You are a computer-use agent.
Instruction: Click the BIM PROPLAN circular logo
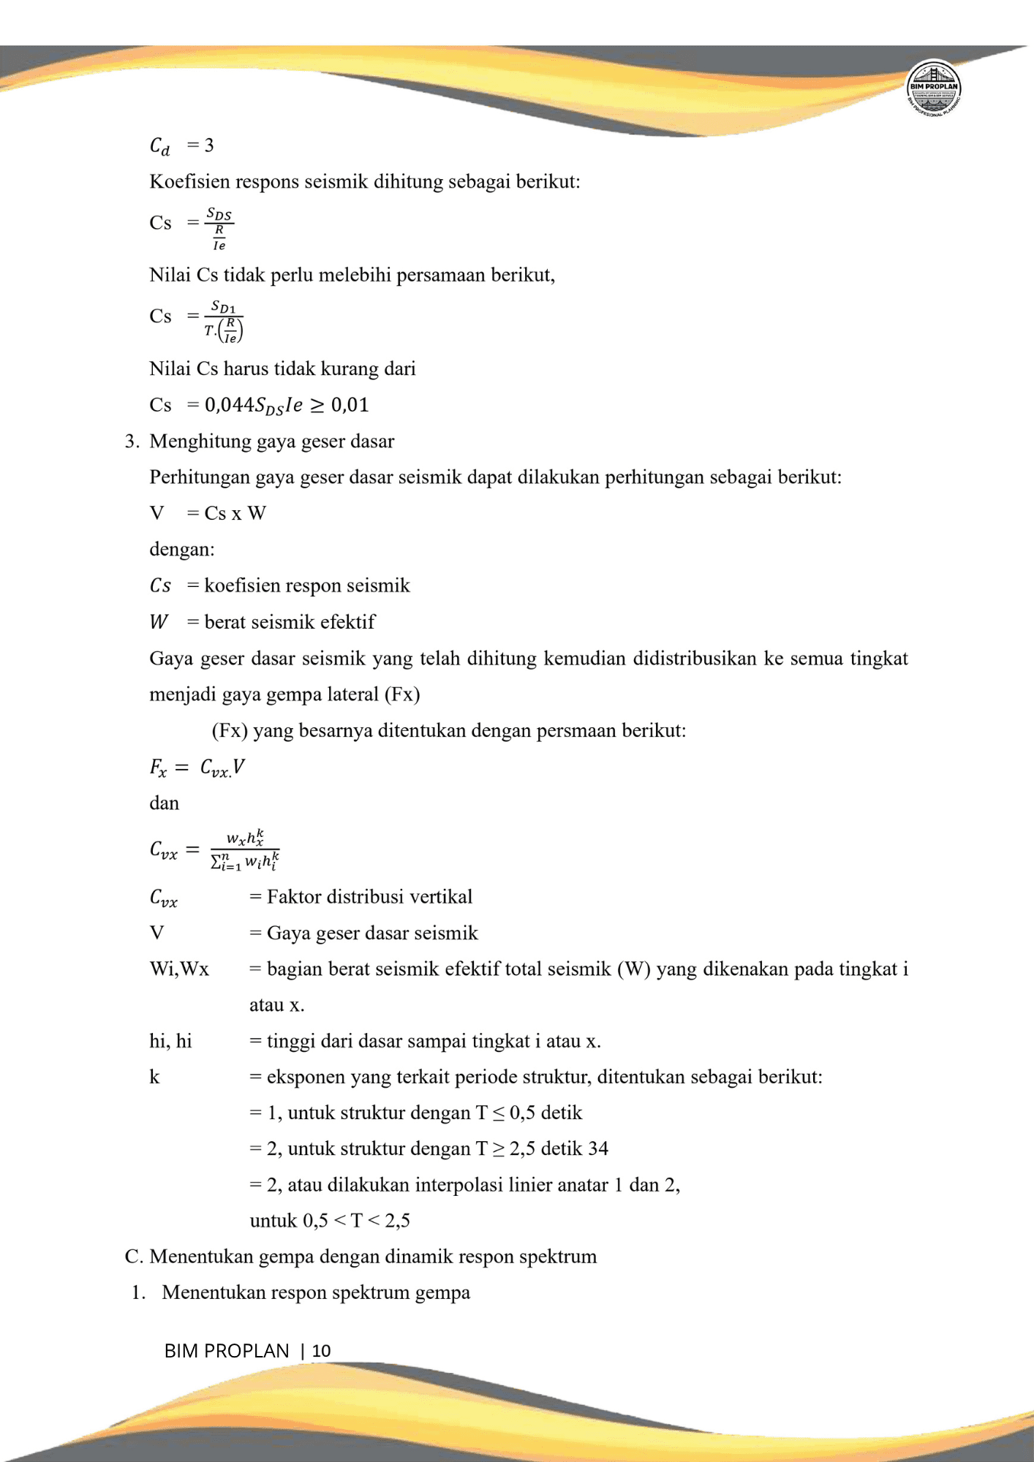click(933, 87)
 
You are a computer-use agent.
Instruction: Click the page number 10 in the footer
click(321, 1351)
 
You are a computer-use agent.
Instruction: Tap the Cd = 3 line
click(182, 145)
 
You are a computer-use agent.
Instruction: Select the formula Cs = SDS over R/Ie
click(192, 227)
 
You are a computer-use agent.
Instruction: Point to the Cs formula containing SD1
click(196, 319)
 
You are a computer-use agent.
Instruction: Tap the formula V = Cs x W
click(208, 513)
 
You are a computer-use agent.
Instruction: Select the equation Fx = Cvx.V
click(197, 768)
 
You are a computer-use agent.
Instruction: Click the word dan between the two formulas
click(164, 803)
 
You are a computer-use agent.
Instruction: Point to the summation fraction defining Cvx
click(244, 850)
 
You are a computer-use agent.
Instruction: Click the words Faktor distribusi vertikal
click(369, 897)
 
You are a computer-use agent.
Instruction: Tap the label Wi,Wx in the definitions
click(179, 969)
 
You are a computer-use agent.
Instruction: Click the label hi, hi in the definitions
click(170, 1041)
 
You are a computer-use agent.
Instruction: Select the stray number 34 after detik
click(598, 1148)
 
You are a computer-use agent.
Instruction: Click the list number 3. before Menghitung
click(132, 442)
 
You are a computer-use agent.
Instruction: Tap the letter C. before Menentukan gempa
click(133, 1257)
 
